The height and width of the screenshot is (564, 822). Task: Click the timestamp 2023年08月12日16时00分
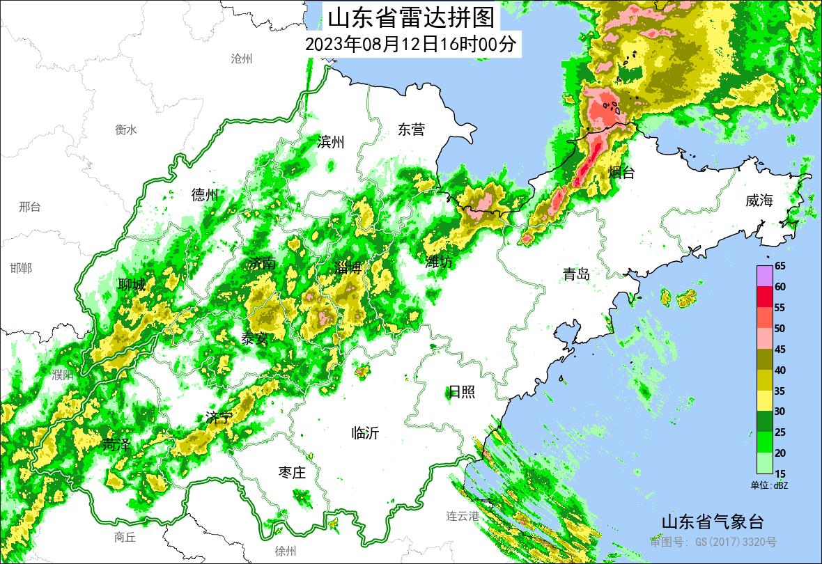410,45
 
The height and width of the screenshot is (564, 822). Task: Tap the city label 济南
262,263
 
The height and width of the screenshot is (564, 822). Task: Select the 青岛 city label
577,274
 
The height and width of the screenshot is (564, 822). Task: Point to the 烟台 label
621,173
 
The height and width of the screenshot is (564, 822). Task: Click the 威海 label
759,201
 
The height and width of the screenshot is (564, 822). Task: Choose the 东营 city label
411,130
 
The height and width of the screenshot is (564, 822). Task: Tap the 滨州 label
330,143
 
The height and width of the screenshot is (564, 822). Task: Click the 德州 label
205,195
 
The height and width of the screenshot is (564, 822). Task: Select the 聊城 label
132,285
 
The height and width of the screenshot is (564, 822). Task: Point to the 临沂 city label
365,433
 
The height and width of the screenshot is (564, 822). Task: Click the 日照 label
461,392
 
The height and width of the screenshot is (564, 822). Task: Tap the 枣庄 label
292,473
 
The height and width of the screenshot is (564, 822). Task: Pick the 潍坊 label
439,262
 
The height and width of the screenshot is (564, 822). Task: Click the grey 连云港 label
463,517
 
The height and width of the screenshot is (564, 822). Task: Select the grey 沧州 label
241,58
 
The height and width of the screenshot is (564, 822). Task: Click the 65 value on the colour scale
780,266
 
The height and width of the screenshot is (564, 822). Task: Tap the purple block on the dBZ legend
764,276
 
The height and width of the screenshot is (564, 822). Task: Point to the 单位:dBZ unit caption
768,485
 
